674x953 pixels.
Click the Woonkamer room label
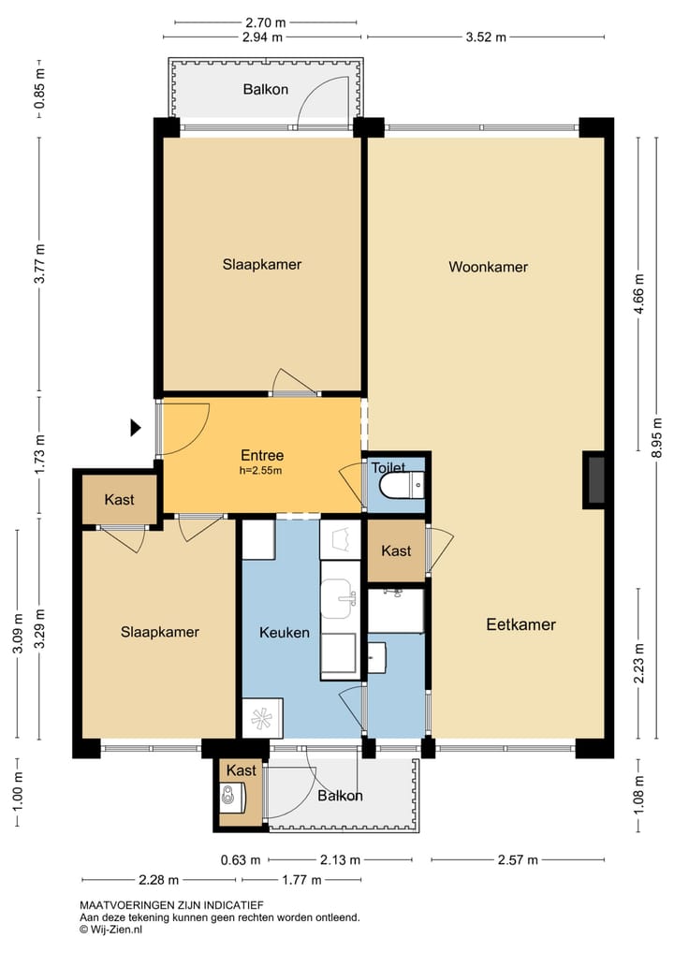click(x=488, y=267)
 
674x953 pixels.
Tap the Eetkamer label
click(x=520, y=624)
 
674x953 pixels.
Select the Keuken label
click(x=285, y=633)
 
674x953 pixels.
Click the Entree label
click(x=262, y=455)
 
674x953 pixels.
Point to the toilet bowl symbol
click(x=402, y=486)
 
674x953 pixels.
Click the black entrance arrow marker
click(x=136, y=428)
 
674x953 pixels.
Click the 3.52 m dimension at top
click(x=486, y=37)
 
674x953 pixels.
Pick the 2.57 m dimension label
click(x=517, y=860)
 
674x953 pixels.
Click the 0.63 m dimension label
click(x=240, y=860)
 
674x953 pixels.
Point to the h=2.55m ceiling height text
click(x=262, y=471)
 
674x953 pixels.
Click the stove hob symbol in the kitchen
click(x=262, y=718)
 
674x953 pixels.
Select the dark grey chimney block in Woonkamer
click(x=594, y=479)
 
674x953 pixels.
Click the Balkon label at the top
click(x=266, y=89)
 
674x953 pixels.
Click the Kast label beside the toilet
click(x=396, y=551)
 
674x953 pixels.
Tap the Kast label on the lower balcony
click(x=242, y=770)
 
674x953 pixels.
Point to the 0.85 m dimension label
click(x=40, y=89)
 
